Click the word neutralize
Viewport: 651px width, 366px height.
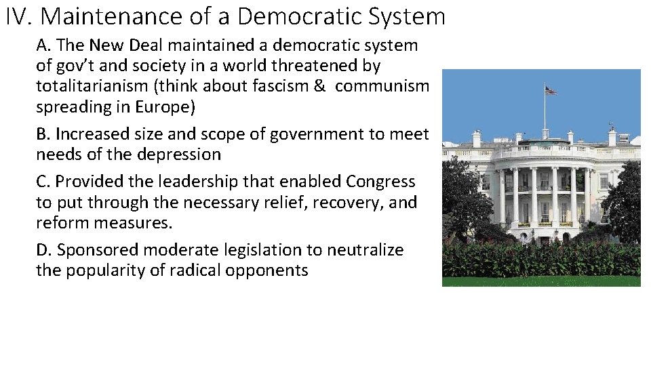click(365, 250)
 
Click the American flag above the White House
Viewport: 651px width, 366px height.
click(551, 89)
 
